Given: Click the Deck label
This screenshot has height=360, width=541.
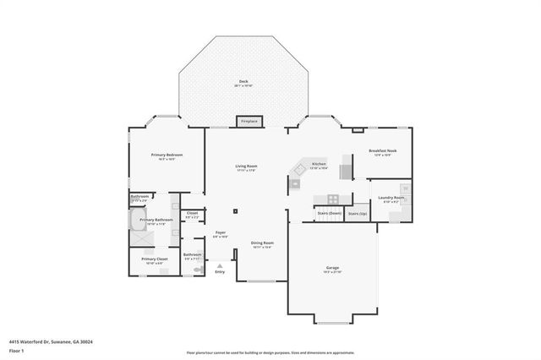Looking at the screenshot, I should click(243, 83).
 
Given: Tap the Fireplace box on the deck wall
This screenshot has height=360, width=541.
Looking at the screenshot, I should click(249, 121).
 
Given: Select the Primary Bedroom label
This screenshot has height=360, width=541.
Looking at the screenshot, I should click(167, 156).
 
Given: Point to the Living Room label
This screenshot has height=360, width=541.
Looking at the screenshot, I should click(246, 167).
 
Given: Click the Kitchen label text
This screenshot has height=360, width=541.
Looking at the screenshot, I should click(319, 165).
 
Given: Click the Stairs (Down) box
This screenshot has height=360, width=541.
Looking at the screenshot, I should click(329, 214).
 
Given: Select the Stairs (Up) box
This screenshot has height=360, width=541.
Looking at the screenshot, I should click(358, 214).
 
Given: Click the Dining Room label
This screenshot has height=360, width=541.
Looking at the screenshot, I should click(261, 245).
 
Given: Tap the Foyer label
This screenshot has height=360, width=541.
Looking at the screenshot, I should click(220, 233).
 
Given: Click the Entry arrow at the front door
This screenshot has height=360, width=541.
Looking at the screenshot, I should click(220, 265).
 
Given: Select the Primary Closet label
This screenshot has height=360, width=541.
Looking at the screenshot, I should click(154, 260).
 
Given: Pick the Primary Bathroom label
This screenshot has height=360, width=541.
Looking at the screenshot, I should click(156, 221).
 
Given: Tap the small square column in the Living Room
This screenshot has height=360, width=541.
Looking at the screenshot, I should click(236, 210).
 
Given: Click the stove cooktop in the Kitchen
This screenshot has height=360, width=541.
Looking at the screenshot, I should click(333, 199).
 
